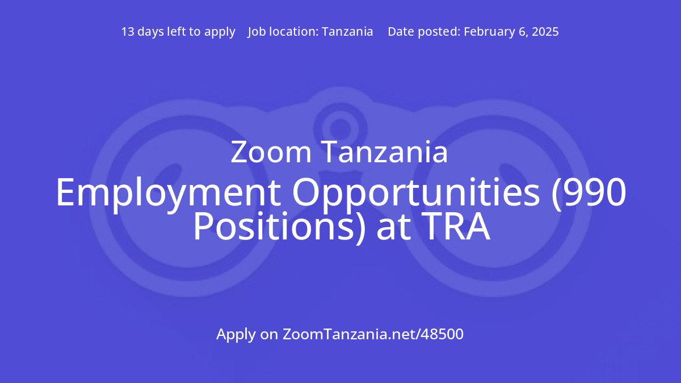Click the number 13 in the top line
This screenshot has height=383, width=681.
click(x=128, y=32)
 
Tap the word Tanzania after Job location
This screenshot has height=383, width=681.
click(x=347, y=32)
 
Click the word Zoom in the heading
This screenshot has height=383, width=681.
click(x=271, y=153)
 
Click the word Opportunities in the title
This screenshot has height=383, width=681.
click(x=416, y=193)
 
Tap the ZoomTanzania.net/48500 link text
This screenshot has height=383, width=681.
click(x=373, y=334)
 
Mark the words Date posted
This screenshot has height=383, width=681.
click(x=423, y=32)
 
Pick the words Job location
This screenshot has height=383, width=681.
click(x=282, y=32)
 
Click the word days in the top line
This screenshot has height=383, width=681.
click(x=150, y=32)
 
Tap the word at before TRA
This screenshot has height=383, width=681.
click(x=390, y=228)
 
